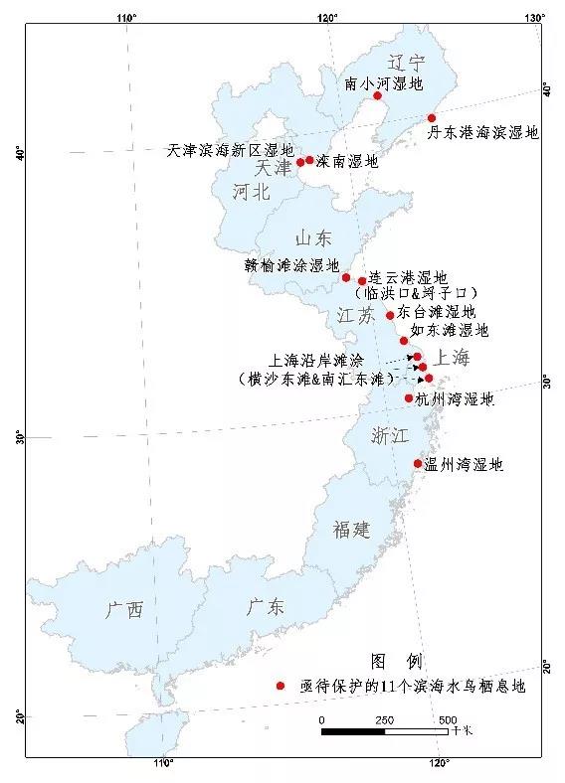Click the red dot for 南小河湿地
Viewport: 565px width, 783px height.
pos(378,95)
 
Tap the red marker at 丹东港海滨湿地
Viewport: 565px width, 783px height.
pos(432,117)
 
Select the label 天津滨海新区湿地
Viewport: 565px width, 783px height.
pos(230,150)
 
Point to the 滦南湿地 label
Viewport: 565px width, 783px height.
pos(347,160)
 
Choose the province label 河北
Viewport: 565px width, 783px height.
pos(252,193)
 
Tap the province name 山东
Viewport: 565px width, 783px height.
pos(312,238)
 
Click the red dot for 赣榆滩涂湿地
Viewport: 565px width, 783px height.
pos(346,277)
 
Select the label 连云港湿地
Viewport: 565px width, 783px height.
pos(408,277)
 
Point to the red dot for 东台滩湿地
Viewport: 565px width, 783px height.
pos(390,316)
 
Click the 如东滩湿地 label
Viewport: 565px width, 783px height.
pos(451,329)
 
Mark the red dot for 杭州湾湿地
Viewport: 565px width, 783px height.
pos(409,398)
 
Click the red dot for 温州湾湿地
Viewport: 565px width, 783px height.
pos(418,464)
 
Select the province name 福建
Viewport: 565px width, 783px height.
pos(352,530)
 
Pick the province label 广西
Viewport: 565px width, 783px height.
pos(124,609)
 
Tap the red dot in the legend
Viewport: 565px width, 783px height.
pos(282,686)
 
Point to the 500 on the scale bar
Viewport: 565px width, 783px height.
pos(448,718)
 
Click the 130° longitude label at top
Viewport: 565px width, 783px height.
pos(533,17)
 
